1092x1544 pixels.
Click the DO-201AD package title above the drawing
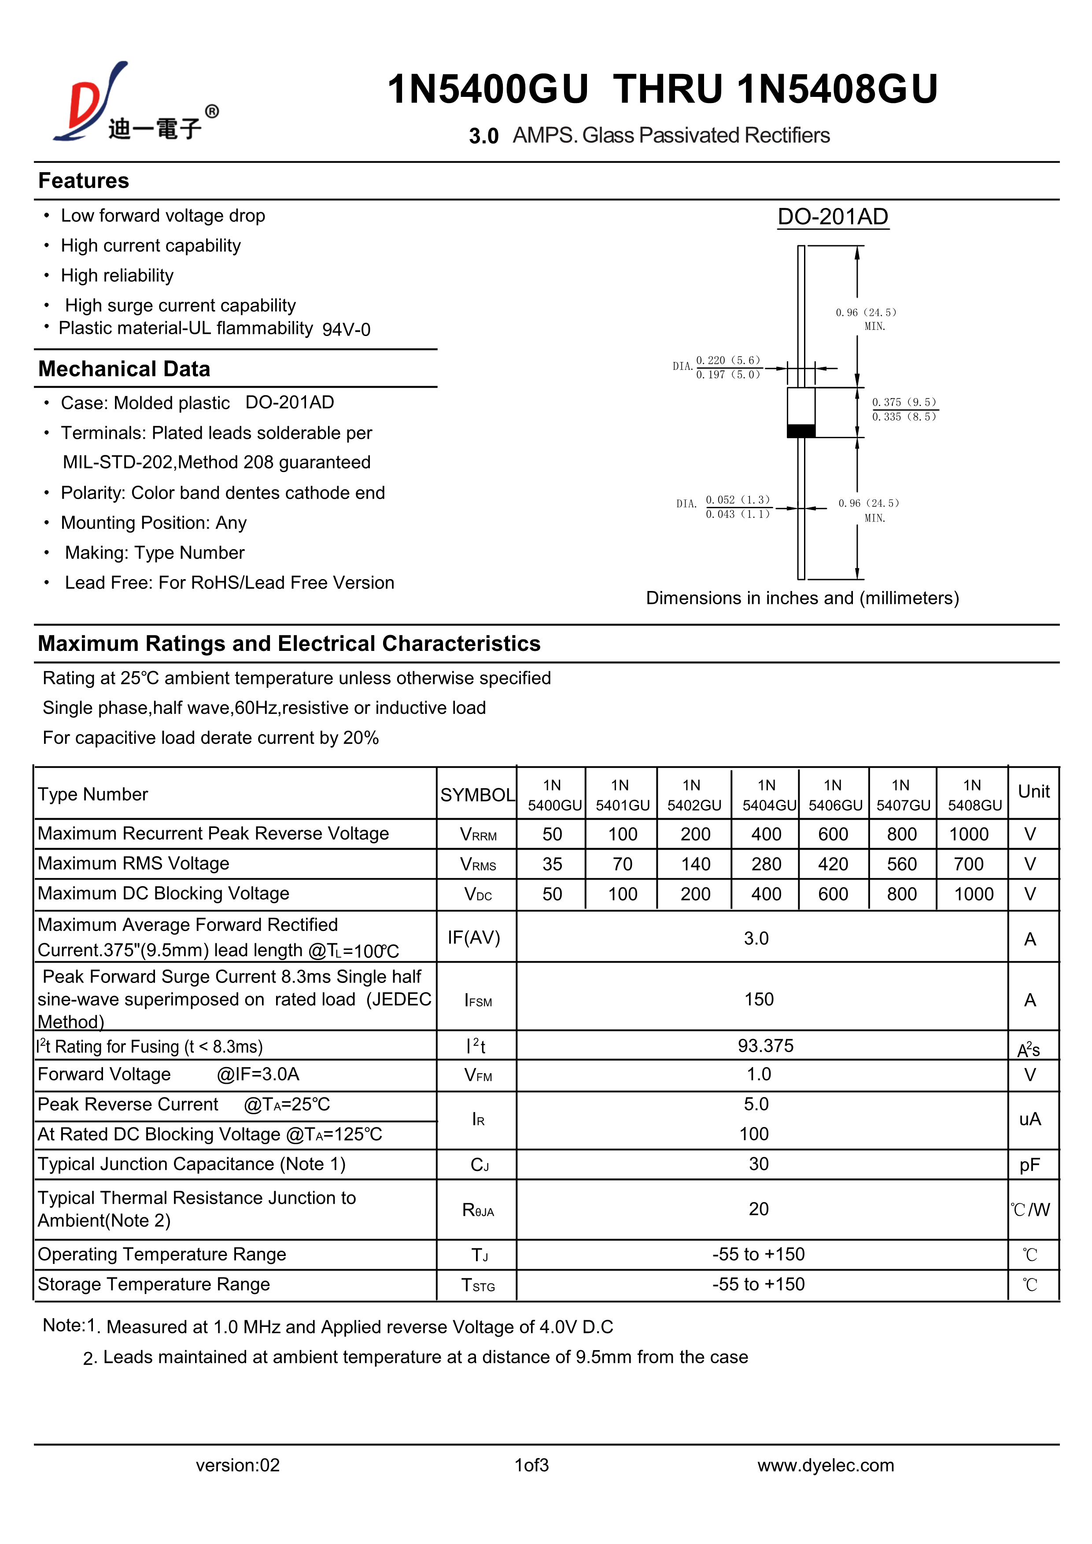pos(833,217)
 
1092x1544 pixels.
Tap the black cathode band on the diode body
pos(801,431)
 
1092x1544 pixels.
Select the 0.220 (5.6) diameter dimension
pos(727,360)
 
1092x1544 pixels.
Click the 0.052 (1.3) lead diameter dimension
pos(737,500)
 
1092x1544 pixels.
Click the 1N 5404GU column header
pos(767,795)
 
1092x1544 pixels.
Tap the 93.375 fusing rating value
pos(765,1045)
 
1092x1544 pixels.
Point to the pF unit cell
pos(1029,1165)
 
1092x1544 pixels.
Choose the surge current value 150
pos(759,999)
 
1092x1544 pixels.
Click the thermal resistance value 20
pos(759,1209)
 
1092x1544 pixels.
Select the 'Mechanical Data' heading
pos(125,369)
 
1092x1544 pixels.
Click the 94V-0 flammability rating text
pos(346,329)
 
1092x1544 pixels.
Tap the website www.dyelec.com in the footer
pos(825,1465)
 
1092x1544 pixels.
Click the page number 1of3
pos(531,1465)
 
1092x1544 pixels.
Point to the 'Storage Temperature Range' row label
pos(154,1285)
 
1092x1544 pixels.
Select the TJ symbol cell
pos(479,1255)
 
